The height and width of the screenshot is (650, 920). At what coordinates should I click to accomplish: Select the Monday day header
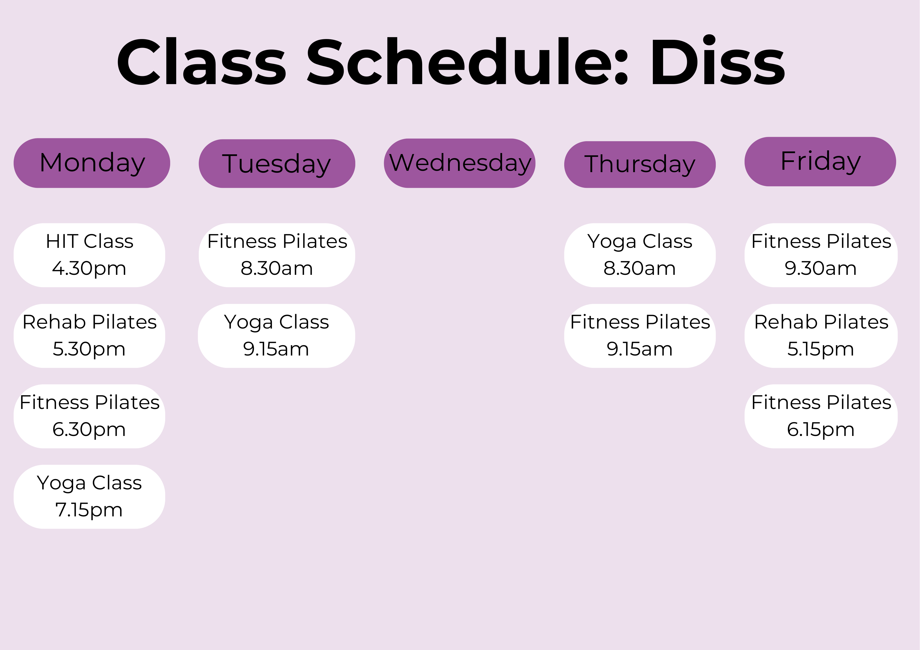92,163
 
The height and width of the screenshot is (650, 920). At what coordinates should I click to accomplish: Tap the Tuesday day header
277,163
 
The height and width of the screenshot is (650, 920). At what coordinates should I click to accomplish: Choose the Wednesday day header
460,163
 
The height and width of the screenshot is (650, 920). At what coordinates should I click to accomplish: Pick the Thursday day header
640,164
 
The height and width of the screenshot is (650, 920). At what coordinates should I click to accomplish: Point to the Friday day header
820,161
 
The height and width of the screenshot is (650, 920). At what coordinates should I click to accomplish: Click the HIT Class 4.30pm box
89,255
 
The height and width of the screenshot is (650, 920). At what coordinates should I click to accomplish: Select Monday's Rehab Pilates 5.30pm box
89,336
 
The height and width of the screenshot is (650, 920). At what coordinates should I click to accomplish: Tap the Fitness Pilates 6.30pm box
89,416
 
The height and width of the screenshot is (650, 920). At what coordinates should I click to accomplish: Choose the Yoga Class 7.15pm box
89,497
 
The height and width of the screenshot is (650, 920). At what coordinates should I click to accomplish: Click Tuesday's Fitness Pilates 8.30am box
277,255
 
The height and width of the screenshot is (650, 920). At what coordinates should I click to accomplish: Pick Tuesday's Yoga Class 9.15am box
277,336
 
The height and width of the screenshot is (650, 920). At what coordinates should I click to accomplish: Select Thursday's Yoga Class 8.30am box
640,255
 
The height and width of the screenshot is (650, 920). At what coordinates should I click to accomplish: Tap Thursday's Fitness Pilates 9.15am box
640,336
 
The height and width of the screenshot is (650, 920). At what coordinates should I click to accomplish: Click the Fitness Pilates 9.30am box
821,255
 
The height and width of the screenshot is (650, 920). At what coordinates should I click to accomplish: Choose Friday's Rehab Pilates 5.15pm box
821,336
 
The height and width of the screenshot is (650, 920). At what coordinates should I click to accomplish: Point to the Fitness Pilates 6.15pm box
821,416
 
